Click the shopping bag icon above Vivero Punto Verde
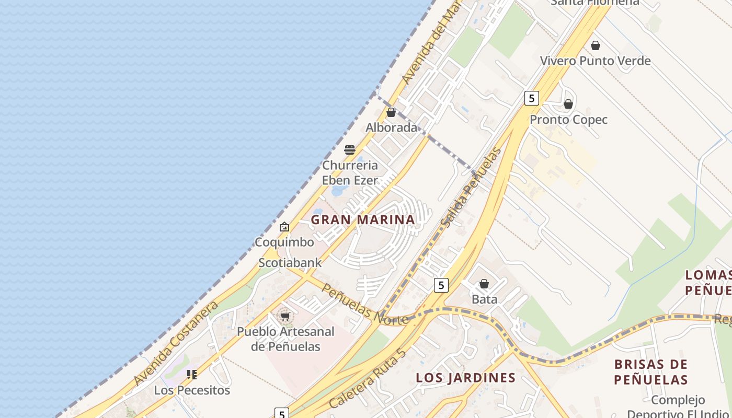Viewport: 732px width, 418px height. [595, 46]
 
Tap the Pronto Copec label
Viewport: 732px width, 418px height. [568, 120]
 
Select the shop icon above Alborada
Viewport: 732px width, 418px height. [391, 112]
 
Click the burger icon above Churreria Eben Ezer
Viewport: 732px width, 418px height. [350, 150]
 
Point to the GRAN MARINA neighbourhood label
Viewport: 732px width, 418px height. [363, 220]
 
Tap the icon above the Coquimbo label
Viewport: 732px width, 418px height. [284, 227]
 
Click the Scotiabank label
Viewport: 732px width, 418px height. [290, 263]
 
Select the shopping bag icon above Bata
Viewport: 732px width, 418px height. [484, 284]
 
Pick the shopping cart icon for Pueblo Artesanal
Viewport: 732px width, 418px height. [285, 316]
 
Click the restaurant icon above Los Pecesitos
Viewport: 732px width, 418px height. [192, 375]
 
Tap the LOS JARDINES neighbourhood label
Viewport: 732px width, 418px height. [465, 378]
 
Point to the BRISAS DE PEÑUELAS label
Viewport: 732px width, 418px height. [650, 372]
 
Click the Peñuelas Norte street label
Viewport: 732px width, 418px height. [364, 305]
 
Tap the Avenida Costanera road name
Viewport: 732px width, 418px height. [176, 343]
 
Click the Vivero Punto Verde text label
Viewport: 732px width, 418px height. [595, 61]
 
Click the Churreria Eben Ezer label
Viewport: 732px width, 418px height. [350, 173]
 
